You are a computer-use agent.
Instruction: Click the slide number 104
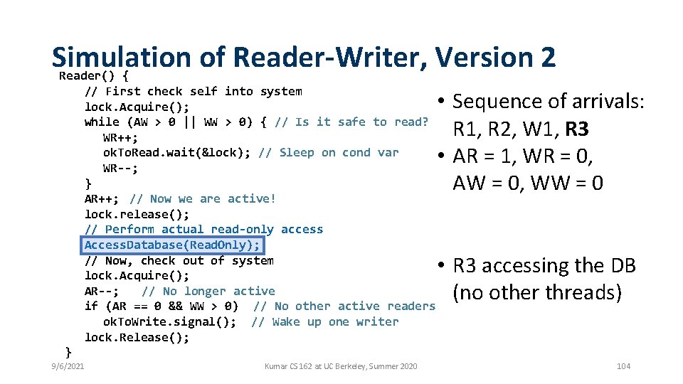click(x=623, y=366)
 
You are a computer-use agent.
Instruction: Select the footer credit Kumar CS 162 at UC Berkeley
click(x=341, y=366)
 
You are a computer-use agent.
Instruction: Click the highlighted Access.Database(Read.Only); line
click(x=173, y=245)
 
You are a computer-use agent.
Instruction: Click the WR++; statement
click(x=120, y=137)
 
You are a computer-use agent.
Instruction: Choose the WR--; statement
click(x=120, y=169)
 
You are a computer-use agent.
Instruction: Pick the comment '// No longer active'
click(x=208, y=291)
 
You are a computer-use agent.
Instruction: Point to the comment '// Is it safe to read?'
click(x=351, y=122)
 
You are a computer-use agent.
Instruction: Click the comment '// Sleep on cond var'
click(x=329, y=152)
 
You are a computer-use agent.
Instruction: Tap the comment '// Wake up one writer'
click(x=324, y=321)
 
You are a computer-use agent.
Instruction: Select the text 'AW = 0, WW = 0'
click(x=528, y=183)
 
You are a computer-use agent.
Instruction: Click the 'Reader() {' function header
click(x=93, y=75)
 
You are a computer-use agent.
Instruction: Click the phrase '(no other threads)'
click(x=537, y=292)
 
